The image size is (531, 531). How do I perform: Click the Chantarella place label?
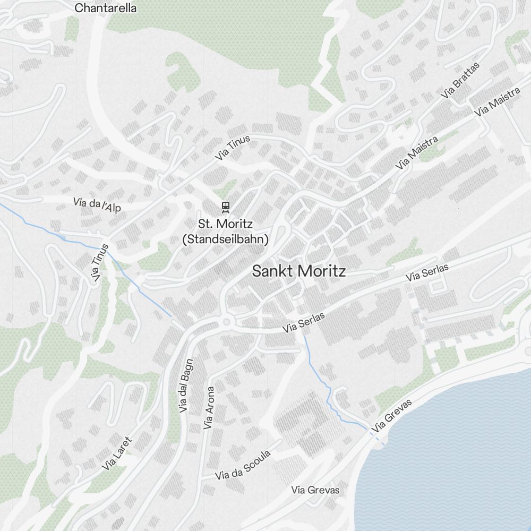point(106,8)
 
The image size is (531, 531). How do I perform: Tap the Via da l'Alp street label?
point(97,204)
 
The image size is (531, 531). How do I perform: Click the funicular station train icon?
point(226,206)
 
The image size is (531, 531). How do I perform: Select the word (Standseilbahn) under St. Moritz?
point(225,239)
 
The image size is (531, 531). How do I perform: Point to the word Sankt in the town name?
point(271,271)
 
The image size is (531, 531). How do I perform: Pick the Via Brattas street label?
point(460,81)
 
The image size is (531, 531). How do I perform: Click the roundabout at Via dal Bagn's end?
point(227,321)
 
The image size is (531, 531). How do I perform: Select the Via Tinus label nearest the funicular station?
point(233,148)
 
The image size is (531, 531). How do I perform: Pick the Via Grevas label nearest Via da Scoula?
point(315,490)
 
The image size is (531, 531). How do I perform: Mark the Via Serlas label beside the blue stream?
point(304,322)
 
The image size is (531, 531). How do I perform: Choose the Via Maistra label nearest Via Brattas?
point(497,102)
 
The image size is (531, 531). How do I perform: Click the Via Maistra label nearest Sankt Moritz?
point(417,153)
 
